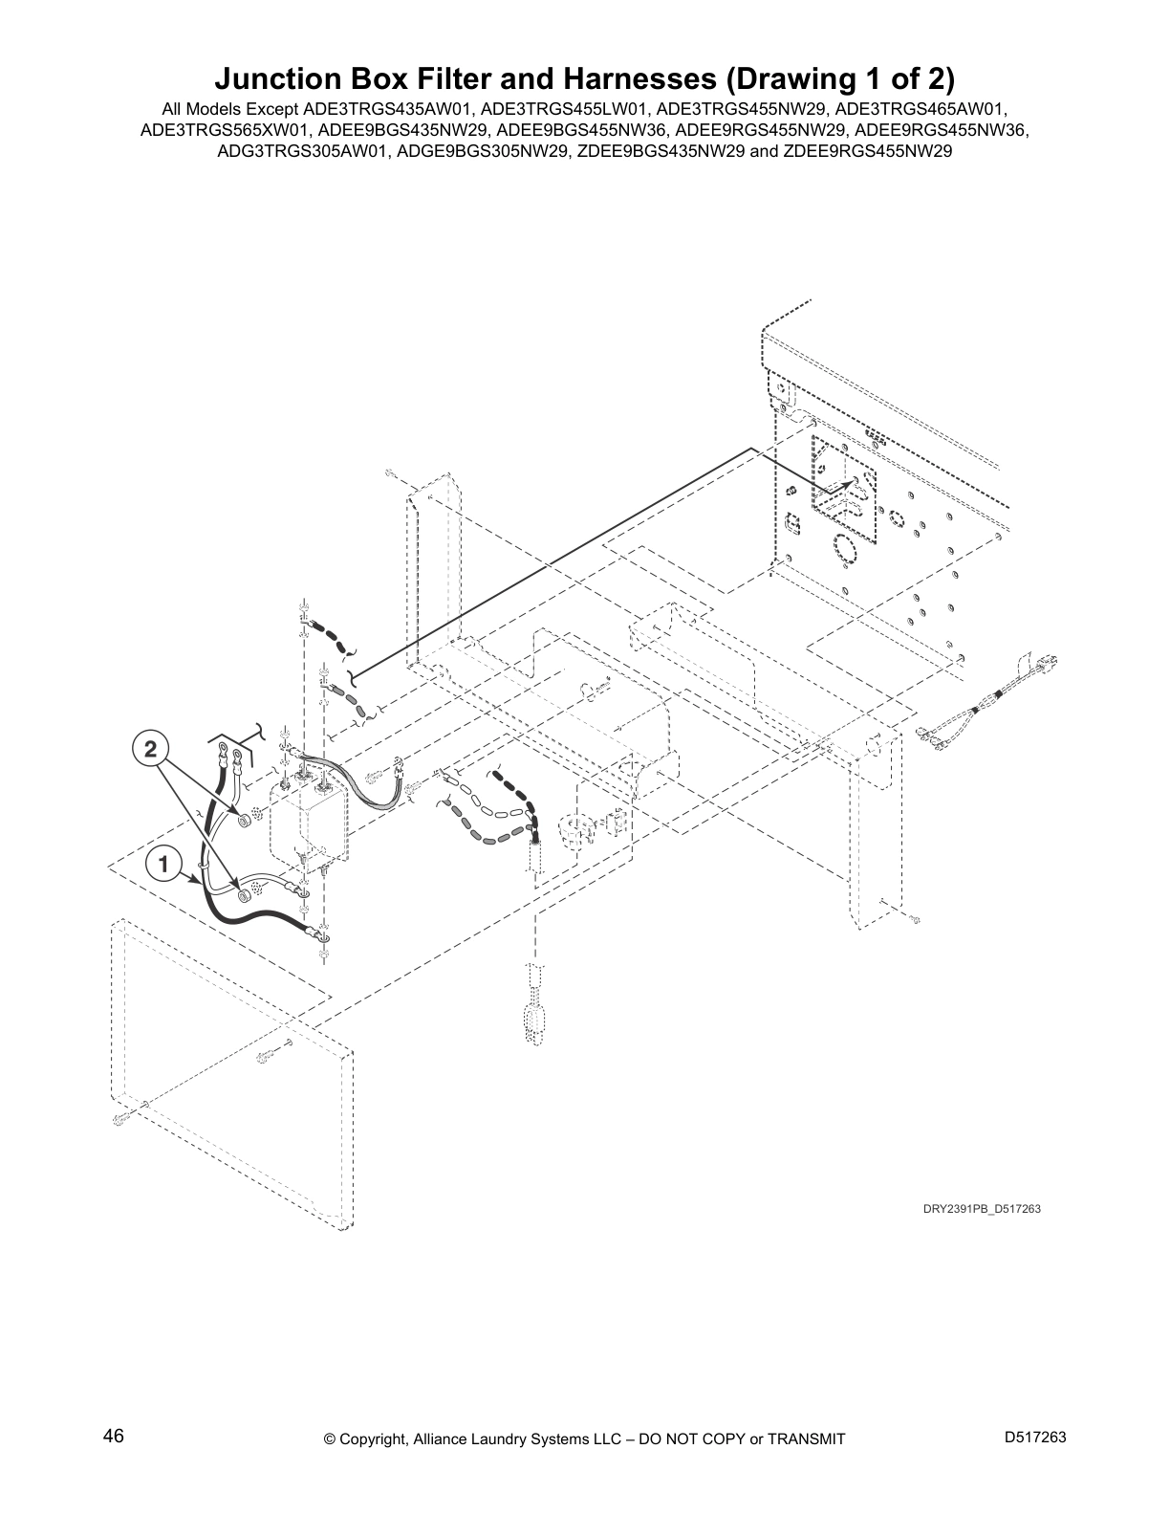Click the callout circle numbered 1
[x=163, y=865]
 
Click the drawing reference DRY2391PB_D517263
[x=981, y=1209]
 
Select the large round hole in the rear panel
[x=844, y=550]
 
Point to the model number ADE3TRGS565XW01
[x=225, y=130]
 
